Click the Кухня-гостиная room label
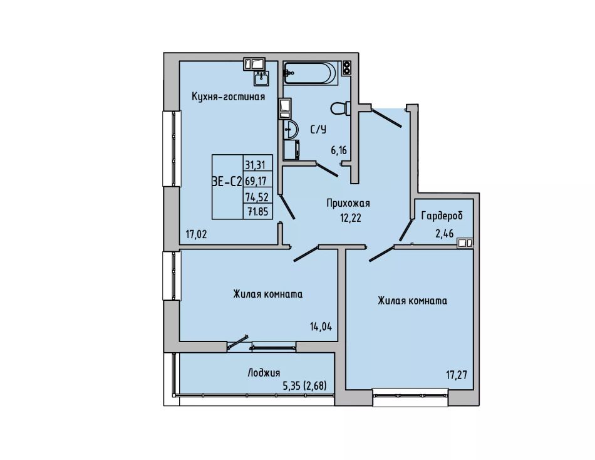coord(228,97)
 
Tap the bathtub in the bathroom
coord(310,73)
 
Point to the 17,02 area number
coord(196,234)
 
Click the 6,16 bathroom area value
coord(339,151)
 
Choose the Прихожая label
coord(348,204)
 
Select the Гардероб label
coord(442,216)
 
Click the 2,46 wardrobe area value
coord(444,233)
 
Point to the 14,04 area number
coord(321,327)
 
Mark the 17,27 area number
coord(457,375)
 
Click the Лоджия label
coord(264,373)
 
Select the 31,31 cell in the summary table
coord(255,165)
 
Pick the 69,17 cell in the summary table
coord(256,180)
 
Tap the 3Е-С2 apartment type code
coord(227,182)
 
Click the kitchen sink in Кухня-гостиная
coord(261,78)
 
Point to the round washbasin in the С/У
coord(290,130)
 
